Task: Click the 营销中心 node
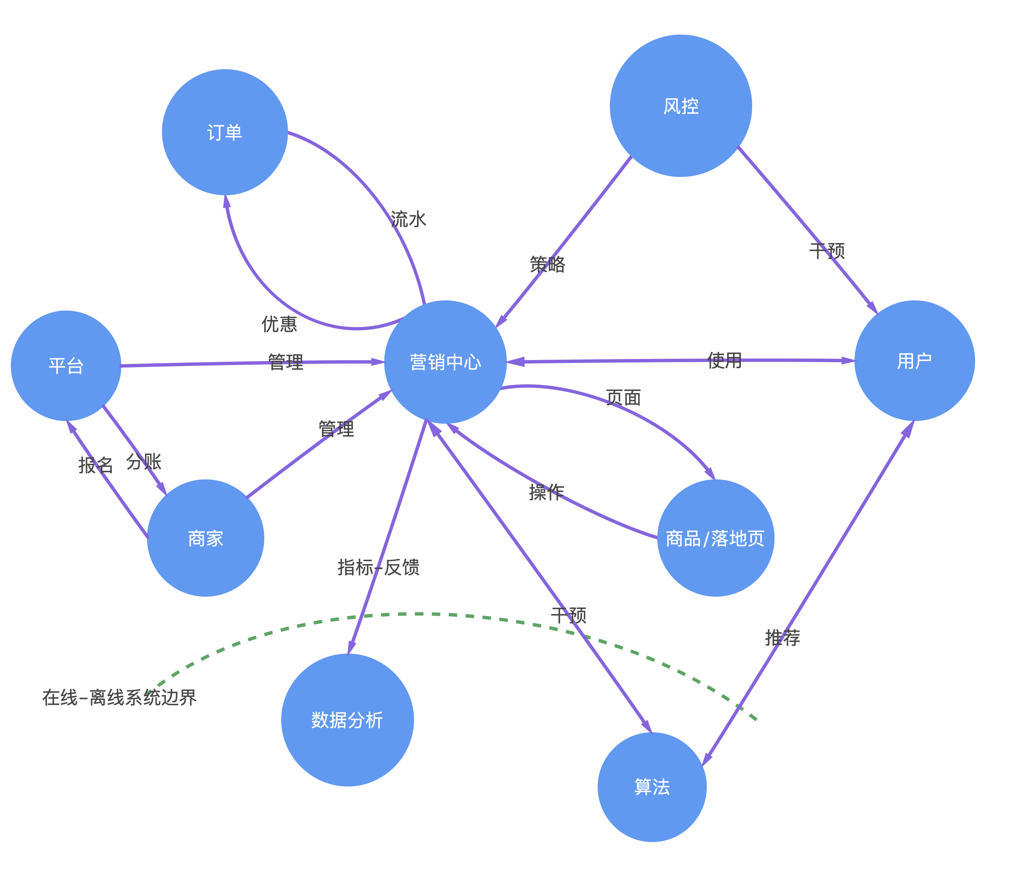[445, 362]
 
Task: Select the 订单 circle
[225, 132]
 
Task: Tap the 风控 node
[681, 105]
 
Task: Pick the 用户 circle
[914, 361]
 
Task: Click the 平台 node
[66, 366]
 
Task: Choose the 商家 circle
[206, 538]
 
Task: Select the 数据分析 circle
[347, 720]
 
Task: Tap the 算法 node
[652, 787]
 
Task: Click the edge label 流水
[409, 219]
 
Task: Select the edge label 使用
[724, 361]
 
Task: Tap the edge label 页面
[623, 397]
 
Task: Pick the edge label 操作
[546, 492]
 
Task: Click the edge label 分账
[144, 461]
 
